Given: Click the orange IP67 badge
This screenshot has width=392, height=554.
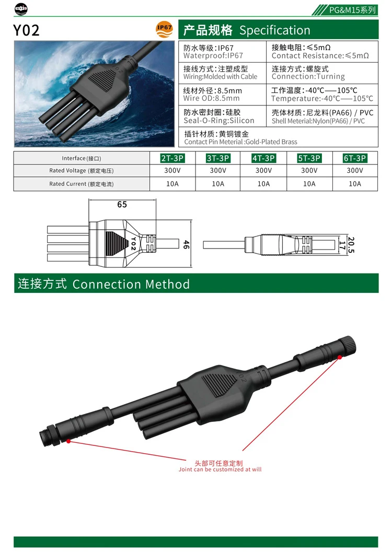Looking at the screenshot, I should pos(164,30).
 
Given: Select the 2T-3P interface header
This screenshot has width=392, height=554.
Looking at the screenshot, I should pos(172,158).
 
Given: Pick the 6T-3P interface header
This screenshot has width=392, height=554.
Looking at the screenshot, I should pos(355,158).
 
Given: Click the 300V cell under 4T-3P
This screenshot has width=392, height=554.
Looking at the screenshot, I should pos(263,171).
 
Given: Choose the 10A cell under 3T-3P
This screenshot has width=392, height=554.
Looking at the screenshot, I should pos(218,184).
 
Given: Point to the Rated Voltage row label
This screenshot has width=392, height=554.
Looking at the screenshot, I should pos(82,171).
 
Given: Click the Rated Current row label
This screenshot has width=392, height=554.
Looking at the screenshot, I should pos(82,184).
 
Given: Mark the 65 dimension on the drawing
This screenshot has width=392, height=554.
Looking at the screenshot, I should pos(122,205).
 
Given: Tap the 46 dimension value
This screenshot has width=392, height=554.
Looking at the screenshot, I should pos(186,244).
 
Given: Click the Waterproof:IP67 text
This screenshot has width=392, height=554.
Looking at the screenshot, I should pos(213,55).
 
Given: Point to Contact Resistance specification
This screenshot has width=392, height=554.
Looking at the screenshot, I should pos(320,55).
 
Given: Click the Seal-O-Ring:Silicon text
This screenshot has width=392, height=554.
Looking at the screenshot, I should pos(219,121).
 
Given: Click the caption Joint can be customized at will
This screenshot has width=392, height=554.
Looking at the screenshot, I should pos(220,469).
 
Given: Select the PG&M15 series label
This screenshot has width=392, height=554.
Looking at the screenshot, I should pos(353,10).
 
